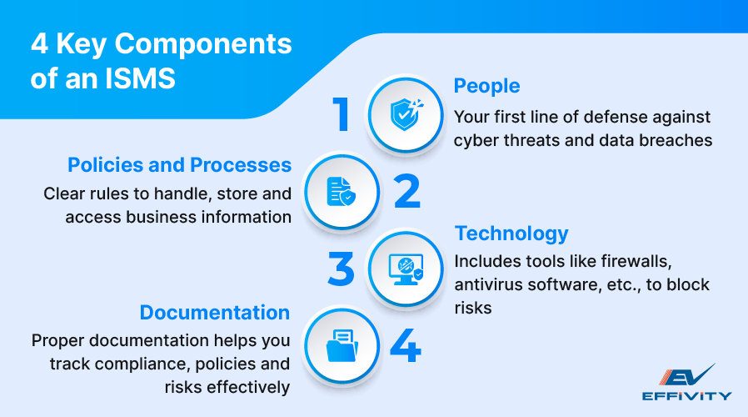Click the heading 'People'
click(x=486, y=86)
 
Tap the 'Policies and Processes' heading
click(x=179, y=164)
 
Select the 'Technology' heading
click(x=511, y=233)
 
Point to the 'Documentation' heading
click(x=215, y=313)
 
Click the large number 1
click(x=341, y=114)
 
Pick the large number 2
click(x=407, y=190)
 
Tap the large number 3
click(x=342, y=269)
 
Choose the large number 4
click(x=406, y=344)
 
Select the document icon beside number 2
click(x=342, y=191)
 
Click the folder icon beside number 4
click(x=342, y=344)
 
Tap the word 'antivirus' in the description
click(x=486, y=284)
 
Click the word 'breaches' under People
click(x=676, y=140)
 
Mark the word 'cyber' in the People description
click(x=473, y=140)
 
